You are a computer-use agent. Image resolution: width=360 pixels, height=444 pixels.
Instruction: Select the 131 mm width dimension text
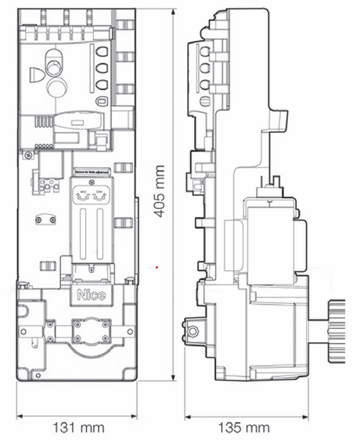[77, 428]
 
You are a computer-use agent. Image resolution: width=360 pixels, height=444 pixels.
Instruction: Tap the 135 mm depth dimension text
[243, 428]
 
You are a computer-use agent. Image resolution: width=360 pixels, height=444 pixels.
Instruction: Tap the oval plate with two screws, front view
[44, 219]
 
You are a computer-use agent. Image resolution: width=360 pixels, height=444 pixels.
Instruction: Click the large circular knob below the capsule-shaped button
[56, 86]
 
